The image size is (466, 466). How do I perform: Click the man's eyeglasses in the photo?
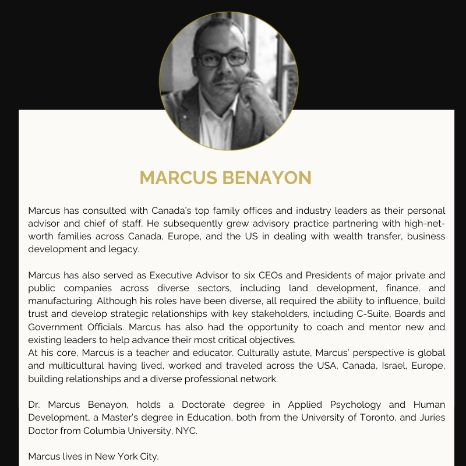click(221, 59)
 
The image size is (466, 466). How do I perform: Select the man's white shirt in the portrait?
click(217, 125)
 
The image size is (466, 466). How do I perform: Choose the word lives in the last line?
click(73, 456)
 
